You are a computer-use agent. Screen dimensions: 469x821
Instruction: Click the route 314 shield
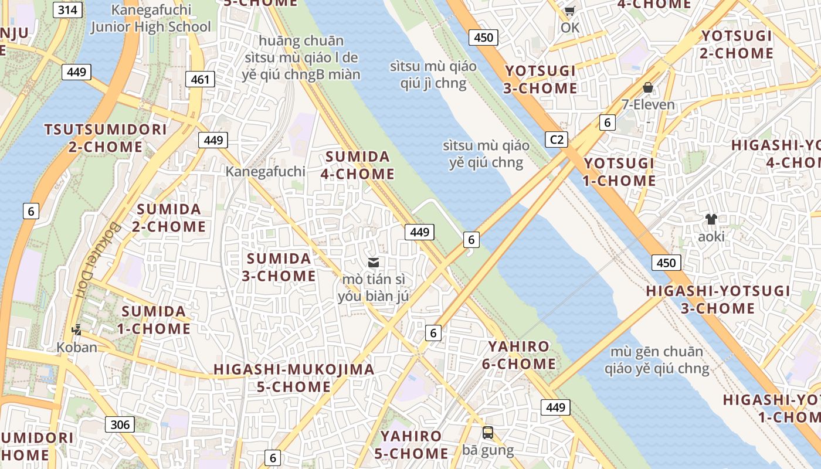(x=67, y=9)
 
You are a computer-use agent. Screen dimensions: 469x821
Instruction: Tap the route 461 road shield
(x=200, y=79)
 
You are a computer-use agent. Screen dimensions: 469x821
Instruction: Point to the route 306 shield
(x=120, y=424)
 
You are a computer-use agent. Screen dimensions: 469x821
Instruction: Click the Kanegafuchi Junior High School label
(x=151, y=18)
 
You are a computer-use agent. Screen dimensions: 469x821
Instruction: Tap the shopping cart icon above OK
(x=569, y=11)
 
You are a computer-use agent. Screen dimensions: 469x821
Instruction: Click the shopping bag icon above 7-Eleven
(x=648, y=87)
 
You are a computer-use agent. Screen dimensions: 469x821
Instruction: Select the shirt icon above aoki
(x=711, y=219)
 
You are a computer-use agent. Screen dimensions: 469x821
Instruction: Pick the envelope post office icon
(x=374, y=262)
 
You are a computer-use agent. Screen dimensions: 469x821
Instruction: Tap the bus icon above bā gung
(x=488, y=433)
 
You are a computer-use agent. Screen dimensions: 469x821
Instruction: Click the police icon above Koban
(x=76, y=330)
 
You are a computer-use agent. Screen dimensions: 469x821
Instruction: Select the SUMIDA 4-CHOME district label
(x=358, y=165)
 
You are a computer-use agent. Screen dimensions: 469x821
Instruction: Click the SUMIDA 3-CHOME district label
(x=279, y=267)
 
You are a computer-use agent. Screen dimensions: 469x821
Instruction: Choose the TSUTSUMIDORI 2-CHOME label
(x=106, y=138)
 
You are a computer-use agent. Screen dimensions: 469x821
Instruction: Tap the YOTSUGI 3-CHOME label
(x=541, y=80)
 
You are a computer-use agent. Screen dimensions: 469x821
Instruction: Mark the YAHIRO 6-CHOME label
(x=519, y=355)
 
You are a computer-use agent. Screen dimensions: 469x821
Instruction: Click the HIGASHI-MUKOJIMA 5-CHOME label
(x=294, y=378)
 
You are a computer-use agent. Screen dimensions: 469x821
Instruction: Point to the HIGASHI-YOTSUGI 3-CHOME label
(x=718, y=300)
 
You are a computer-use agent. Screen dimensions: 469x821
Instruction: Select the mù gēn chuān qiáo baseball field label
(x=657, y=360)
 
